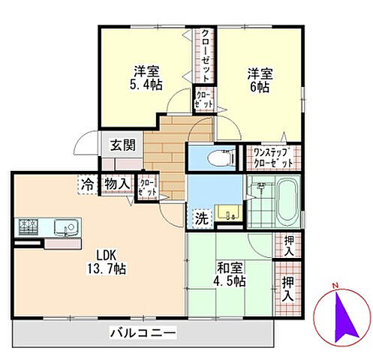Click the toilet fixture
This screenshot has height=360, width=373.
pyautogui.click(x=217, y=158)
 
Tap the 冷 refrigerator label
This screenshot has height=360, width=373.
pyautogui.click(x=89, y=183)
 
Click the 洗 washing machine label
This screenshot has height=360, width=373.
pyautogui.click(x=202, y=219)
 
